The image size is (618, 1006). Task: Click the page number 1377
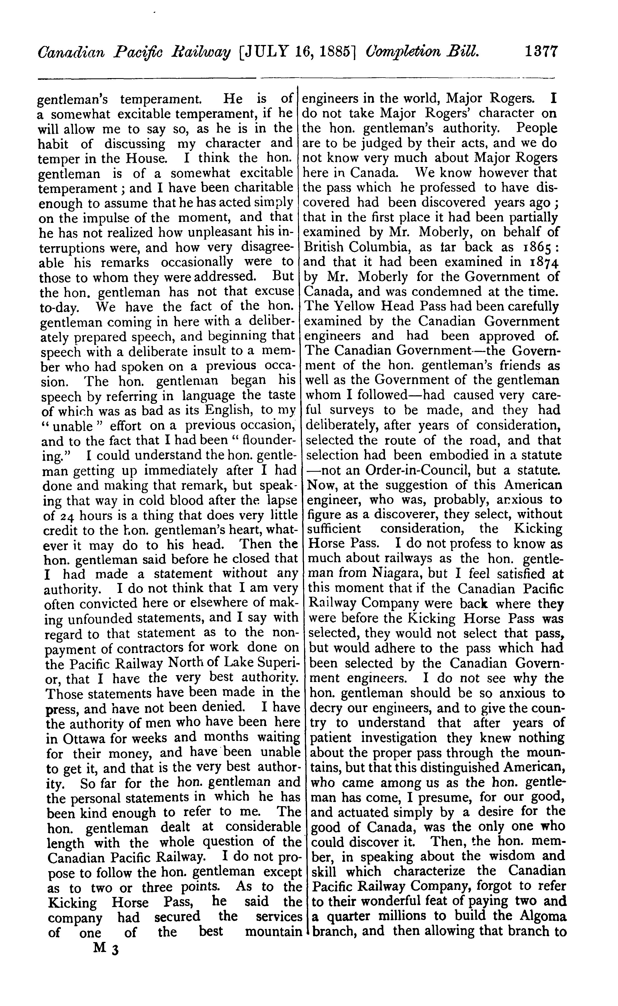tap(541, 53)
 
